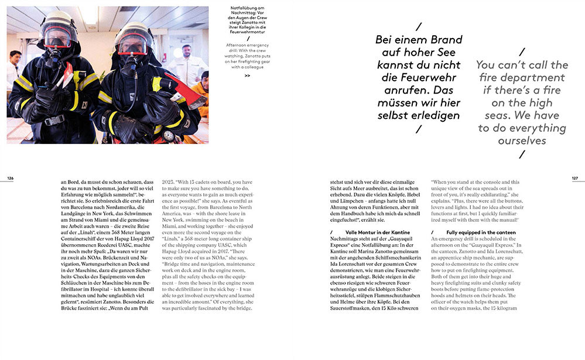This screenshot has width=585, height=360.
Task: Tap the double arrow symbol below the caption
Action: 247,76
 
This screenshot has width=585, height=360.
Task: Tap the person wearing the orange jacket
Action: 201,94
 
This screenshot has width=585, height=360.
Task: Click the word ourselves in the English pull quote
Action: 522,140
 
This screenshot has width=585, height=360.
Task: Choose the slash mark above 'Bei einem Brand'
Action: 418,26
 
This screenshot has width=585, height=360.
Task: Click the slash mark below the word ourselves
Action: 522,155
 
